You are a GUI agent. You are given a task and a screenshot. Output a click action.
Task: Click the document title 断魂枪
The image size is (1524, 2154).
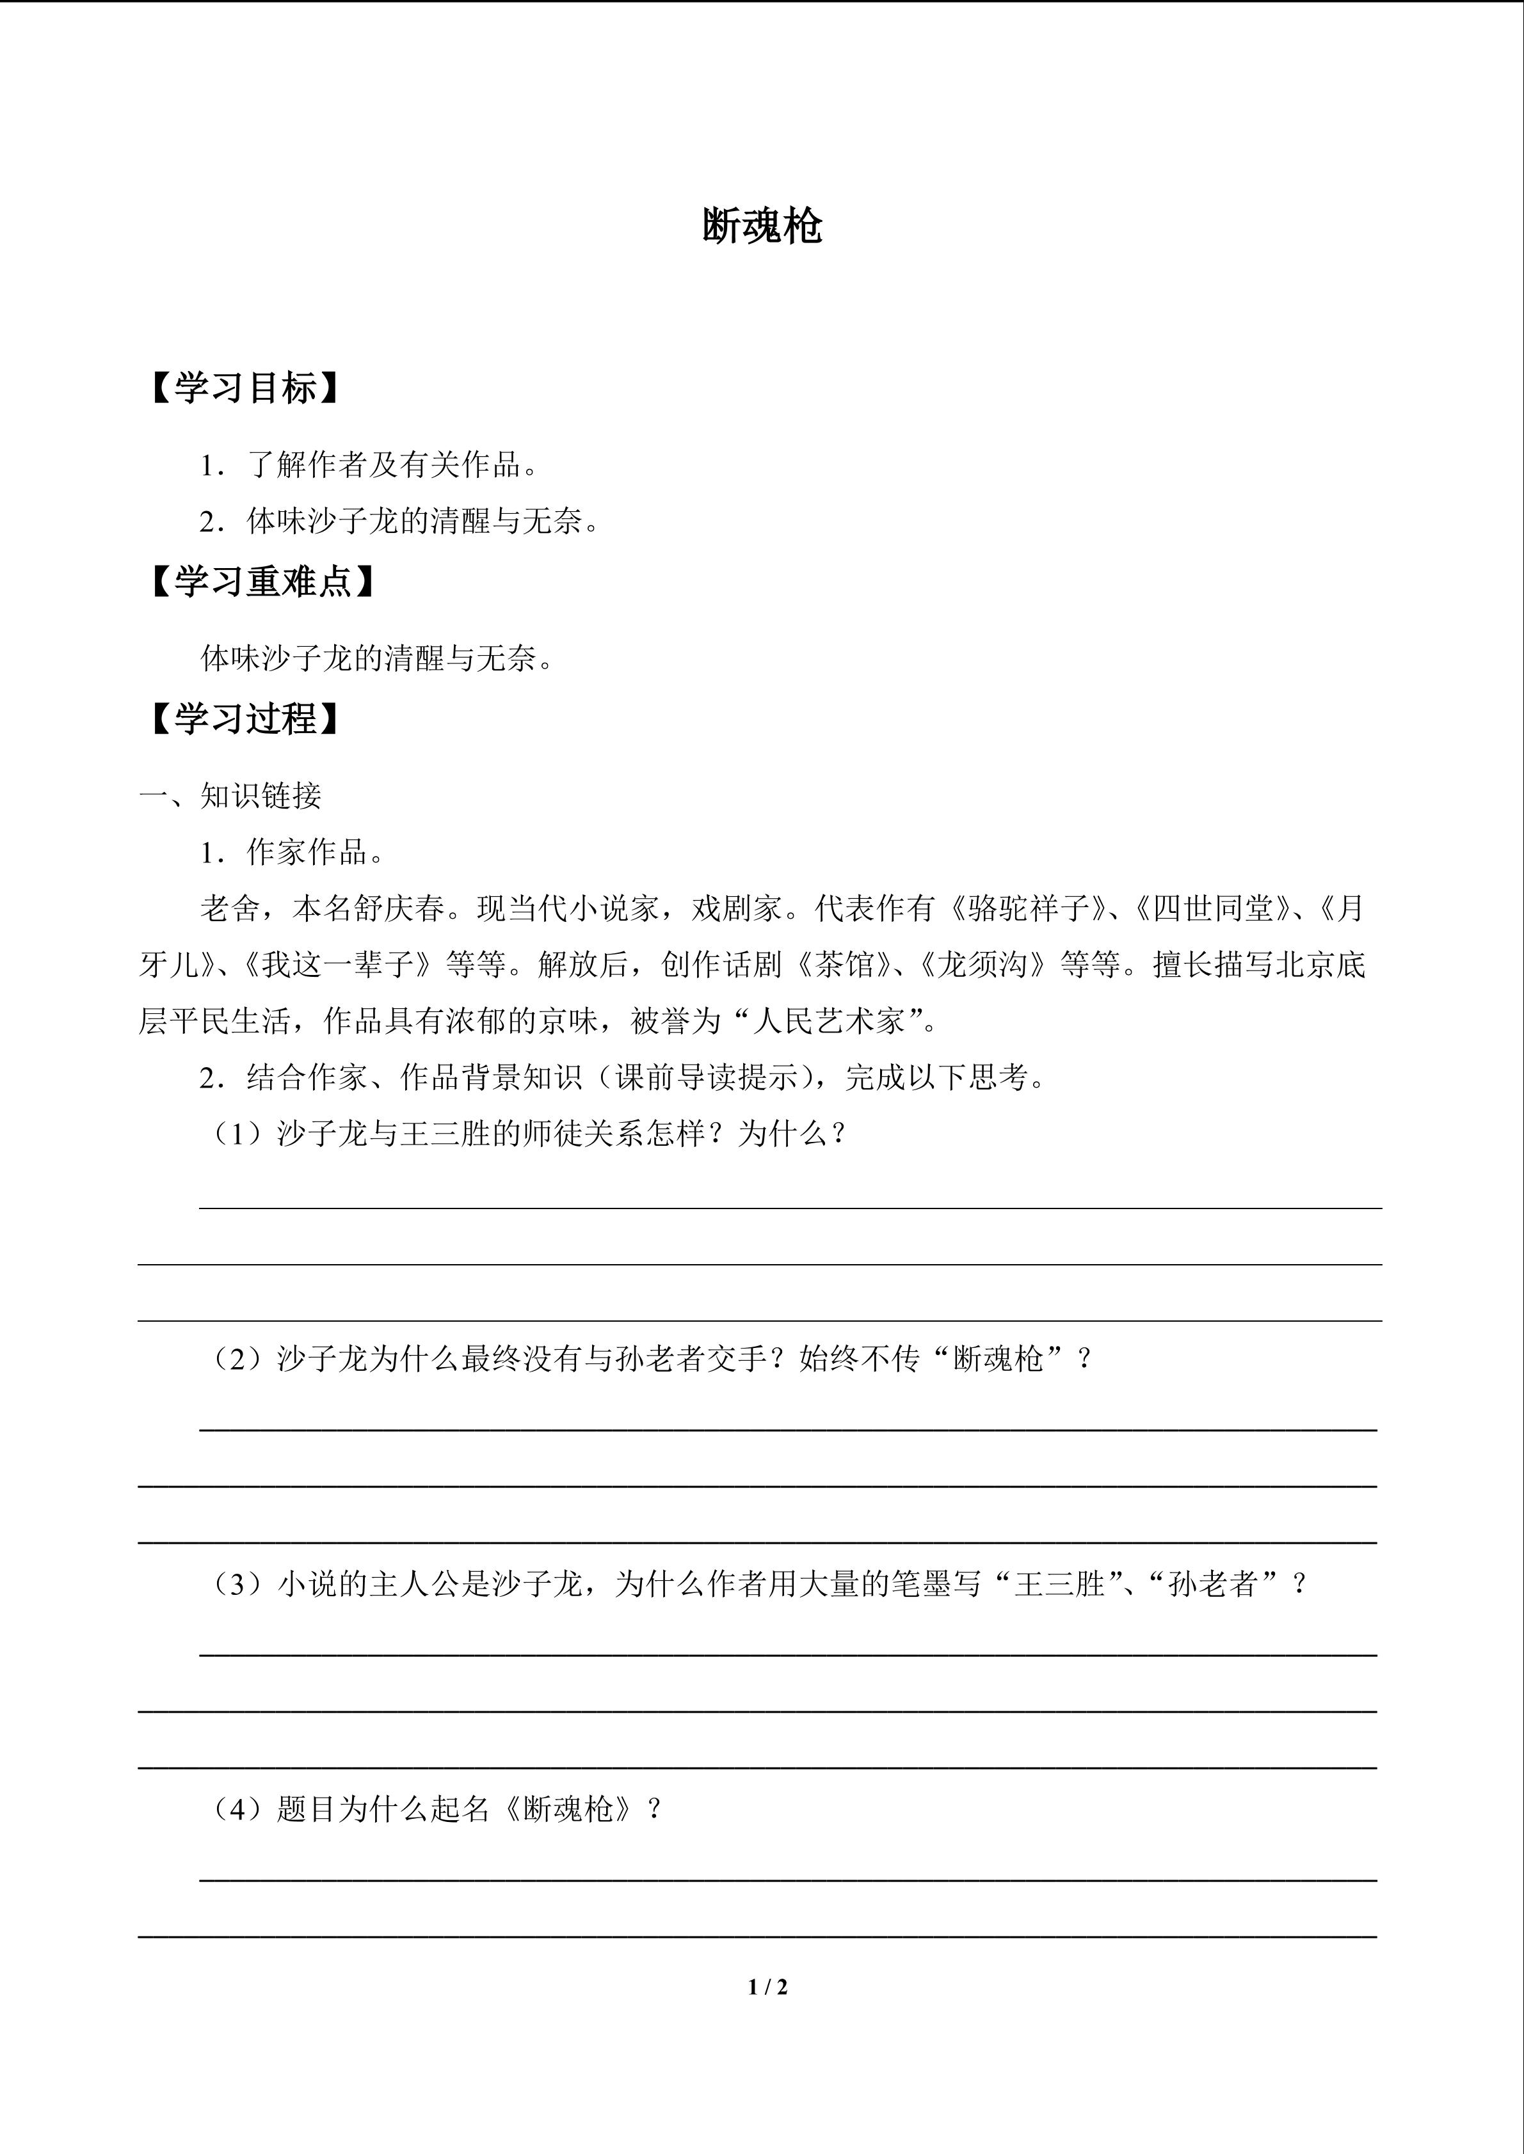(x=762, y=226)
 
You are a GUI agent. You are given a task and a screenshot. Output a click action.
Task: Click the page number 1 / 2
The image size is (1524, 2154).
(x=767, y=1987)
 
